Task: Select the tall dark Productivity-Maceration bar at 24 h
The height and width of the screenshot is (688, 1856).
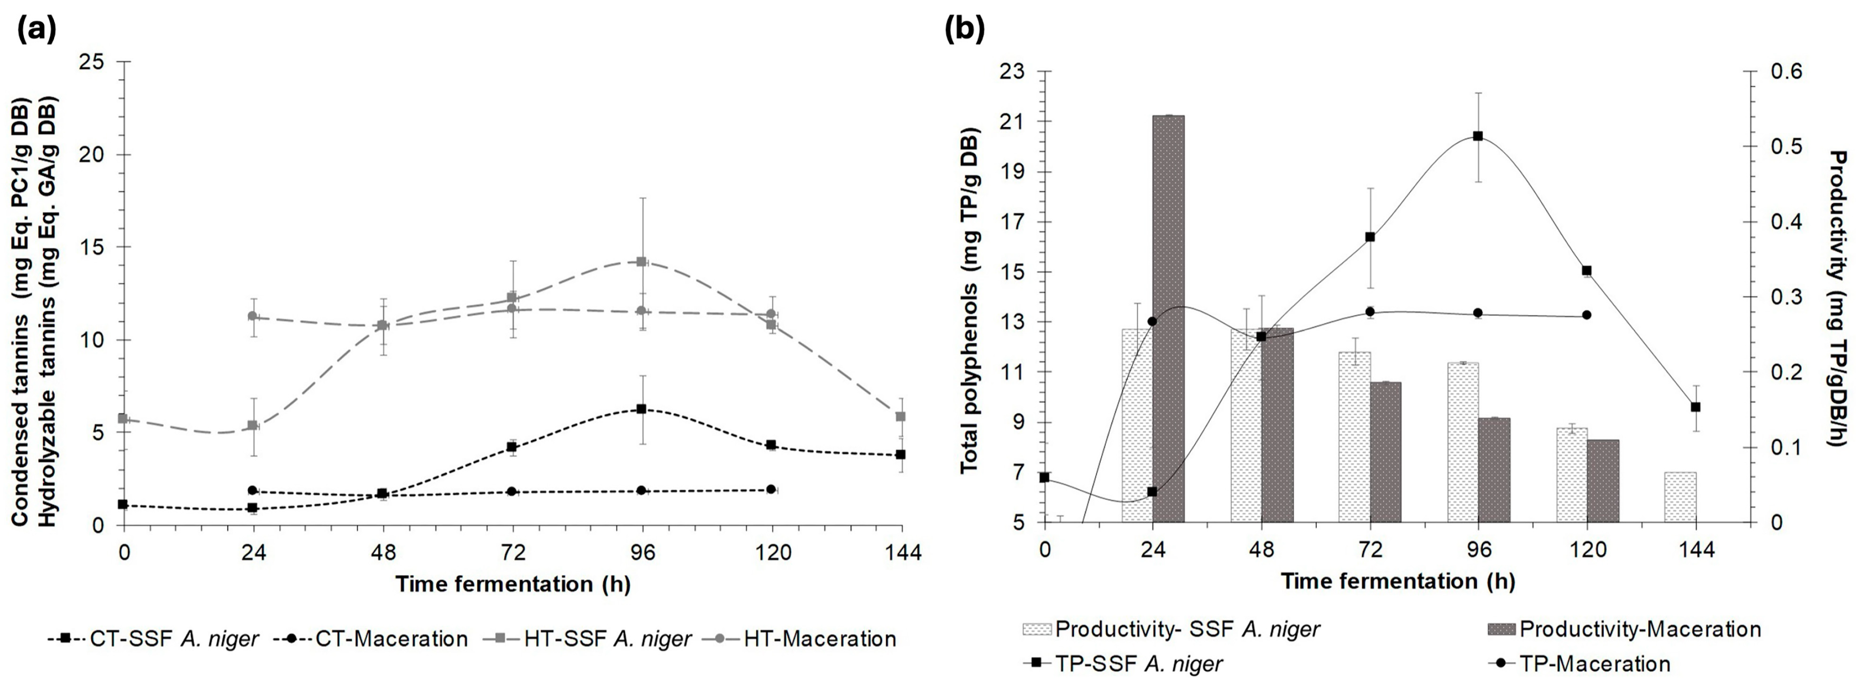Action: click(x=1168, y=318)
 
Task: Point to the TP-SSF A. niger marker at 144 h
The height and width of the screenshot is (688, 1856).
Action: click(x=1695, y=407)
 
